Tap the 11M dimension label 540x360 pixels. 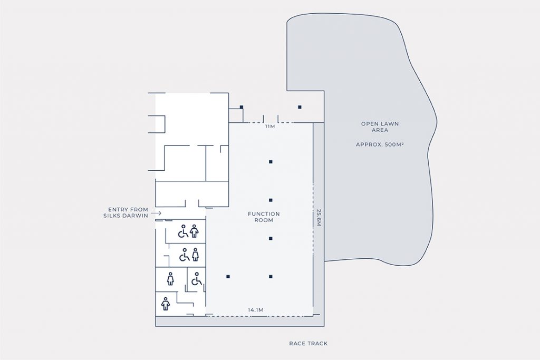tap(270, 127)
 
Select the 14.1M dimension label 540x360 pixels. tap(256, 310)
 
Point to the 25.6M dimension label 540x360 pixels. tap(319, 218)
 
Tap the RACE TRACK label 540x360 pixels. tap(308, 344)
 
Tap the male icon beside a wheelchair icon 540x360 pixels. tap(194, 231)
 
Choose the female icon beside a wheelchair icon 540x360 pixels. tap(195, 254)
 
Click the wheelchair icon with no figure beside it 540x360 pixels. tap(197, 279)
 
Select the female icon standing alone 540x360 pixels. tap(170, 278)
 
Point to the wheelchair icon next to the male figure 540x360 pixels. tap(182, 231)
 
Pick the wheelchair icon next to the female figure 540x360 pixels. tap(184, 256)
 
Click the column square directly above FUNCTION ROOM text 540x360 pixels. tap(271, 200)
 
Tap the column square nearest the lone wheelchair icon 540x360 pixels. tap(228, 276)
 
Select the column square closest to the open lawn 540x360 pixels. tap(300, 107)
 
